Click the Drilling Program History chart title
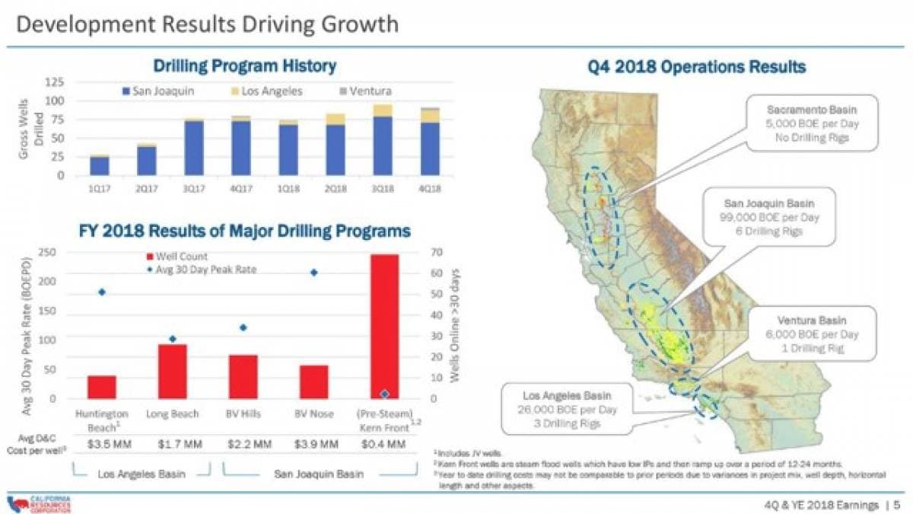click(245, 66)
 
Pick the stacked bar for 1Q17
click(99, 165)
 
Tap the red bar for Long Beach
click(173, 372)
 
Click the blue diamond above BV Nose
click(313, 273)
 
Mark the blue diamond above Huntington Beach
click(102, 292)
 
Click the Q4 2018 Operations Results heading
click(696, 67)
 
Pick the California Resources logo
click(34, 503)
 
